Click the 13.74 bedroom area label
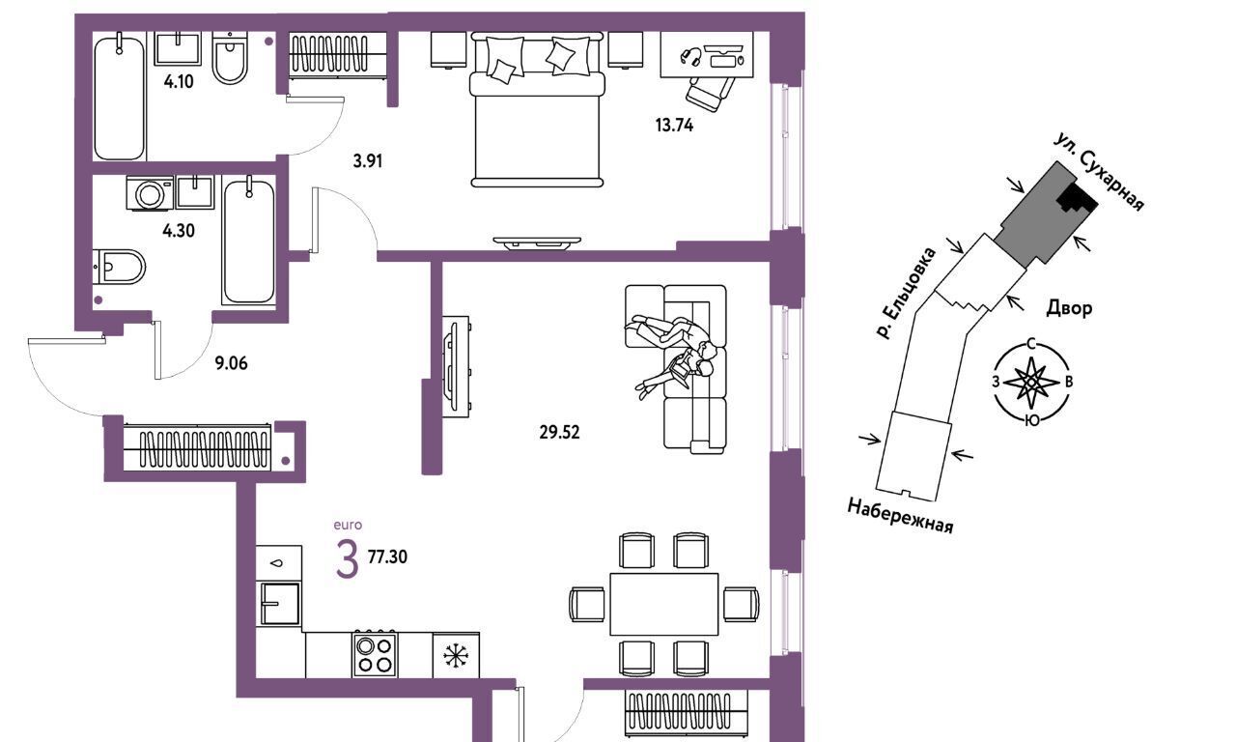(x=674, y=126)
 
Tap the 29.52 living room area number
(x=559, y=432)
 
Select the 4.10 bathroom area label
(x=179, y=82)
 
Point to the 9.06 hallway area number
(x=231, y=363)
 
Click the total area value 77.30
(x=387, y=556)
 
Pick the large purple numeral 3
(x=347, y=559)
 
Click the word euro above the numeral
(x=348, y=525)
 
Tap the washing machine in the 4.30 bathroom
(x=150, y=192)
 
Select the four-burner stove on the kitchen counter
(x=375, y=655)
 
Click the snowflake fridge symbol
(x=456, y=655)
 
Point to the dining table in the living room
(x=664, y=604)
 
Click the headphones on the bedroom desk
(x=690, y=57)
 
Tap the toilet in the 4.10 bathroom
(x=230, y=57)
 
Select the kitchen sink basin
(x=280, y=604)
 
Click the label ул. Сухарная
(x=1099, y=171)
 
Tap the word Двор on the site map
(x=1069, y=308)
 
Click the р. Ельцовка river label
(x=906, y=293)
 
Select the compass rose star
(x=1030, y=382)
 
